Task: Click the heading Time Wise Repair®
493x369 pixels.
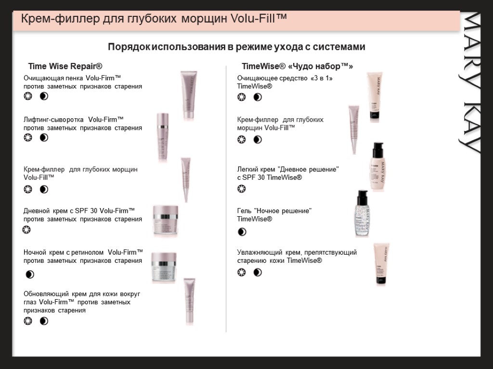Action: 65,66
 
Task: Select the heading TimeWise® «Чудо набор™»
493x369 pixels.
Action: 298,66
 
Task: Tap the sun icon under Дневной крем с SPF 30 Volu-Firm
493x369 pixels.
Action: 27,230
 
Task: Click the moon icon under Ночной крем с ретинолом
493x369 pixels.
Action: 30,274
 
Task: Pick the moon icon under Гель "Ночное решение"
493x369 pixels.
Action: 242,232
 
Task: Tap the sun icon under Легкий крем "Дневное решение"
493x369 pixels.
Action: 242,189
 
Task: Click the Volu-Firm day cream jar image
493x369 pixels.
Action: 166,221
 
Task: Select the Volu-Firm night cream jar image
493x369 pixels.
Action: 164,267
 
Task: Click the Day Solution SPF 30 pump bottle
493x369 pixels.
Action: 377,167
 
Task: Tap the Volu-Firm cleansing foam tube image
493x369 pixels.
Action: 189,95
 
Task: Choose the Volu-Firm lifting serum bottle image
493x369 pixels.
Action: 163,137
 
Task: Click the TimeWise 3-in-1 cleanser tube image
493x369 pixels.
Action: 375,97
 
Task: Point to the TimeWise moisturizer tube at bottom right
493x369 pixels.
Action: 382,264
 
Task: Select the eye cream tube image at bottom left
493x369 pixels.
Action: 190,301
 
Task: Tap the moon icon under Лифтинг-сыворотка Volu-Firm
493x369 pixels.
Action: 44,137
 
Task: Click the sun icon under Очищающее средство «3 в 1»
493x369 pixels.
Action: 242,97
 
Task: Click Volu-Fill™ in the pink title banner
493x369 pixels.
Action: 259,18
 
